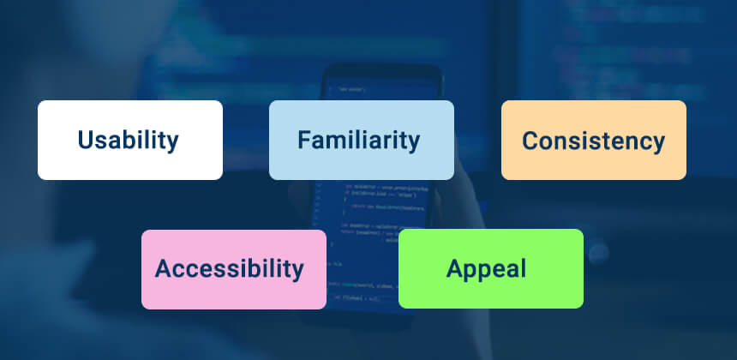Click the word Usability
pyautogui.click(x=129, y=140)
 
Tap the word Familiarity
pyautogui.click(x=359, y=140)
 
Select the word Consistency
pyautogui.click(x=593, y=141)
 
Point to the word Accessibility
pyautogui.click(x=229, y=269)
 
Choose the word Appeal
pyautogui.click(x=486, y=268)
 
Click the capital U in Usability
pyautogui.click(x=86, y=140)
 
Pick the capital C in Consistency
pyautogui.click(x=530, y=141)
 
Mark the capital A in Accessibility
pyautogui.click(x=164, y=269)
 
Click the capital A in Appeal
pyautogui.click(x=455, y=268)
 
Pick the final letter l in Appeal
pyautogui.click(x=522, y=268)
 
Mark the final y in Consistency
pyautogui.click(x=657, y=145)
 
